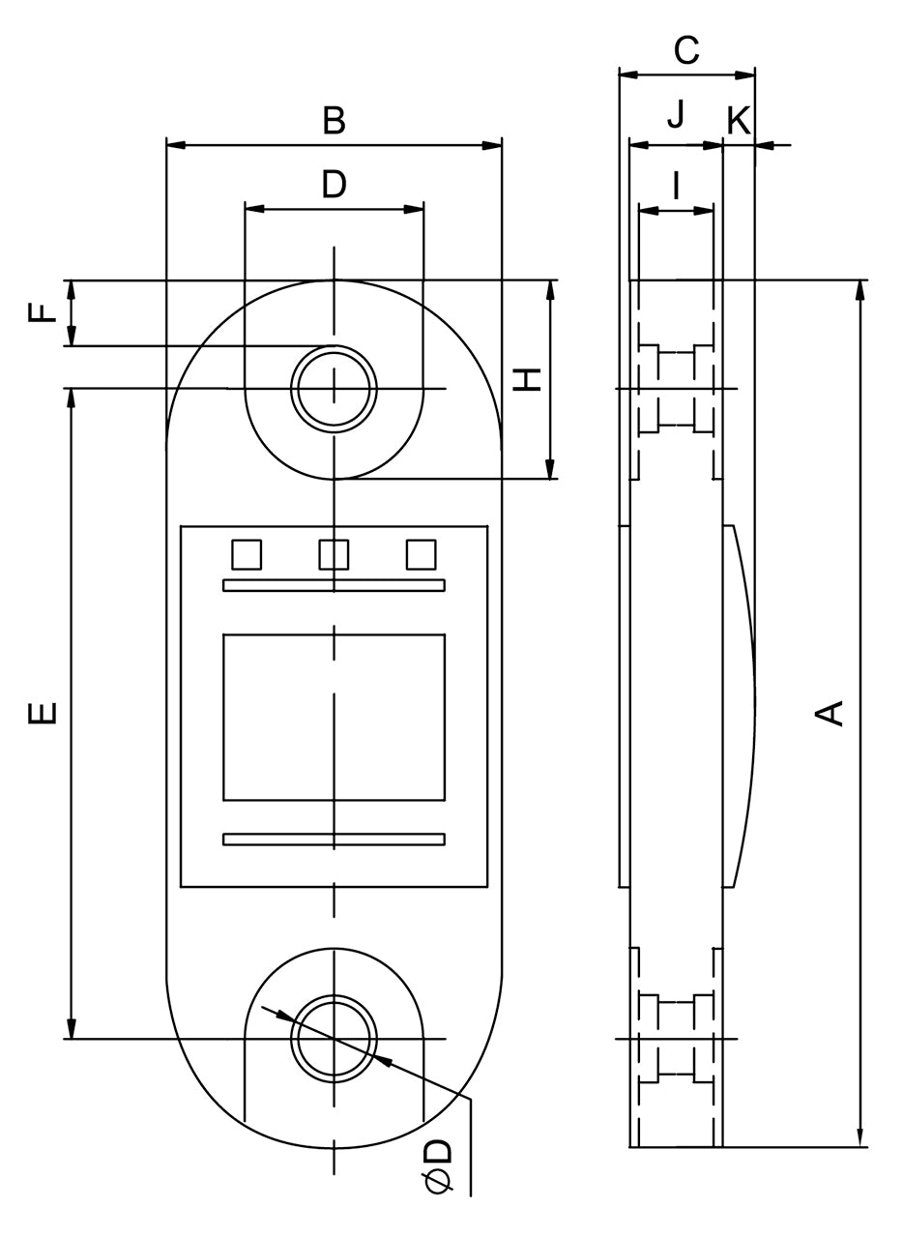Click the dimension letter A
(x=830, y=712)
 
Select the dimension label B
(x=334, y=121)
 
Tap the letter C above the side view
(x=686, y=50)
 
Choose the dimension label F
(x=42, y=313)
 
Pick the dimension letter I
(x=676, y=184)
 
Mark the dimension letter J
(x=676, y=115)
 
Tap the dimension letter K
(x=739, y=121)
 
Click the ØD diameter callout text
(x=438, y=1165)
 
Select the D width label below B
(x=334, y=184)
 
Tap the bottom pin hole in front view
(x=335, y=1038)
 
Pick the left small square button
(x=247, y=554)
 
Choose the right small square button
(x=421, y=554)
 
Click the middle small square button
(x=334, y=554)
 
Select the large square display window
(x=334, y=717)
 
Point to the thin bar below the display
(x=334, y=839)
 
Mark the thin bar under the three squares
(x=334, y=584)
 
